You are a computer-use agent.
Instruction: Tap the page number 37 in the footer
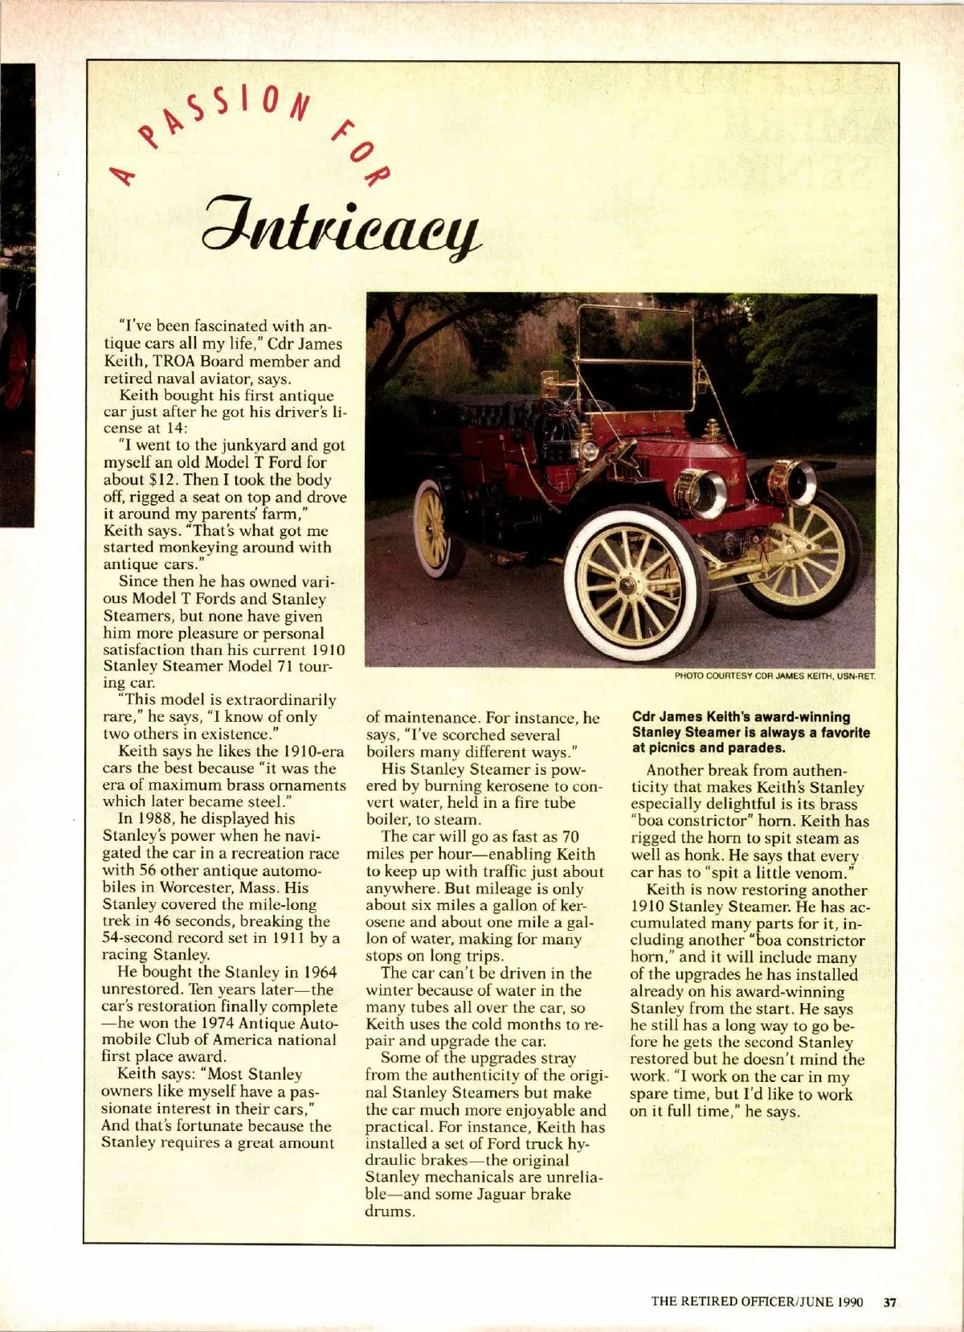click(x=889, y=1301)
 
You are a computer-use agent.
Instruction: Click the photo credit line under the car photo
click(x=774, y=676)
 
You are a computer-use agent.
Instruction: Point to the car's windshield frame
click(x=635, y=360)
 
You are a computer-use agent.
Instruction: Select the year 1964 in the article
click(x=314, y=973)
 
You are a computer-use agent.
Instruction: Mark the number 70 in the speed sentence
click(x=570, y=838)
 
